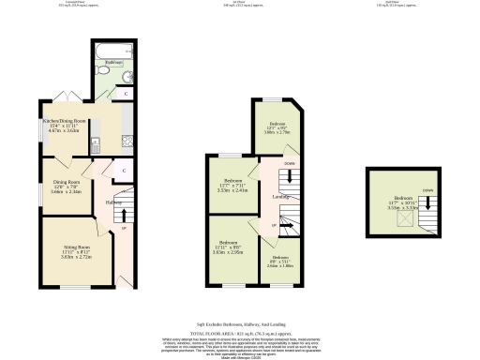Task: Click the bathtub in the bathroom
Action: pos(110,49)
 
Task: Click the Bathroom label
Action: pos(110,64)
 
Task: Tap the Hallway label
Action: pos(115,202)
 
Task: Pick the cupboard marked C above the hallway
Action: pos(112,169)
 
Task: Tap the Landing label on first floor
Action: pos(281,197)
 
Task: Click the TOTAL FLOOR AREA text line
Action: pos(240,334)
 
